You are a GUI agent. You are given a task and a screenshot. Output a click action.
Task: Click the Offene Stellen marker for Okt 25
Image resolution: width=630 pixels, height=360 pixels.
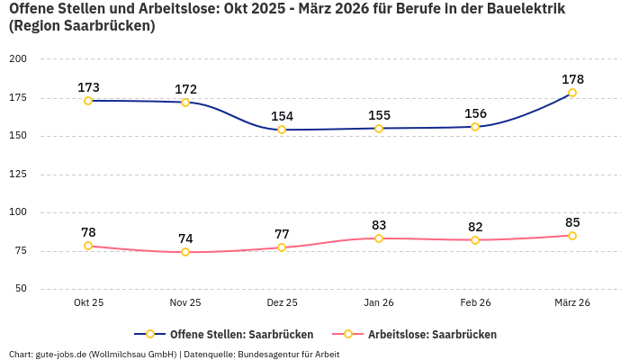[88, 101]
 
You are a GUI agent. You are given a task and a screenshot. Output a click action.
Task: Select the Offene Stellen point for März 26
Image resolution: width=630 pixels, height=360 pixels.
[572, 93]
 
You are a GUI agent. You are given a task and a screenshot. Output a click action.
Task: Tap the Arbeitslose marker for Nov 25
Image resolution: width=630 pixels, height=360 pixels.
[185, 252]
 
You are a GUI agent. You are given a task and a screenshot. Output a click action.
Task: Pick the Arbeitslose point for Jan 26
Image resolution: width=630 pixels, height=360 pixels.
[379, 238]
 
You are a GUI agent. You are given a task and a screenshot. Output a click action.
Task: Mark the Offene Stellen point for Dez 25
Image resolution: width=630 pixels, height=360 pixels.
[282, 130]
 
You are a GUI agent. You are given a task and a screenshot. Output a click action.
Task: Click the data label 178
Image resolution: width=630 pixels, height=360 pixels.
[572, 79]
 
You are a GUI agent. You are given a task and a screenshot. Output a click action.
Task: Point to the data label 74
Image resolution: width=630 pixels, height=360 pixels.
[185, 238]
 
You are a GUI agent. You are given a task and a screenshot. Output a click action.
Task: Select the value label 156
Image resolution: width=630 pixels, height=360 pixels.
[475, 113]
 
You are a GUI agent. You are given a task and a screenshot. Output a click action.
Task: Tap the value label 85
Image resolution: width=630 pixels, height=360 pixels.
[572, 222]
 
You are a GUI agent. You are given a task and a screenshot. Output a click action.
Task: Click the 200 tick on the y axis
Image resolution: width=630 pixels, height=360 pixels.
[18, 59]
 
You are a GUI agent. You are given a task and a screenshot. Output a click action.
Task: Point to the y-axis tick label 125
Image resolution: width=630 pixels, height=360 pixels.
[18, 175]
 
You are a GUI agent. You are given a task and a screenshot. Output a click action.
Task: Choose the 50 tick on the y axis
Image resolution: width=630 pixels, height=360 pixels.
[21, 289]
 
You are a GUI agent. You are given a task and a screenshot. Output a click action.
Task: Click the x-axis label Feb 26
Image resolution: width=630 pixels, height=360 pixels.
[475, 302]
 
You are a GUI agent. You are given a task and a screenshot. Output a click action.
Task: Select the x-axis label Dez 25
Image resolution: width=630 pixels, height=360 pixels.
[282, 302]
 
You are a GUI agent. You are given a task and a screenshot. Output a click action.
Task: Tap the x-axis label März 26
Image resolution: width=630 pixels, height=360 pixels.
[572, 302]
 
